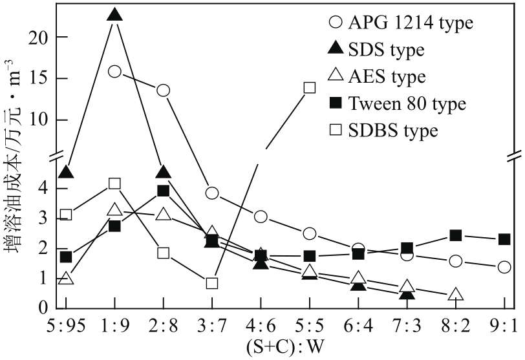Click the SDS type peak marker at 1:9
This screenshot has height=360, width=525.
(114, 15)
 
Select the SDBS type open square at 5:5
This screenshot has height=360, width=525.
(309, 87)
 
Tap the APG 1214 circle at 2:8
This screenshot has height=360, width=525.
(163, 90)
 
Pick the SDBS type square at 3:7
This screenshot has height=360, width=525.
(211, 283)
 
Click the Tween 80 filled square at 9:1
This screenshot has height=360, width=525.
(504, 239)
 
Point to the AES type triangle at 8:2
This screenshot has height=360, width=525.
(455, 295)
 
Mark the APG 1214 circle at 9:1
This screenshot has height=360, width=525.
(504, 267)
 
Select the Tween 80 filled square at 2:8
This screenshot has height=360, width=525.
(163, 191)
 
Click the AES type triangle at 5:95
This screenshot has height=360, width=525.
(65, 279)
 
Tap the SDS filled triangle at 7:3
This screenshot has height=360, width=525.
(407, 294)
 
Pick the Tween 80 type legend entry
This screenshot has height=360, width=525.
(394, 103)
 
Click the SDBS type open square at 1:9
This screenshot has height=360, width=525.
(114, 184)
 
